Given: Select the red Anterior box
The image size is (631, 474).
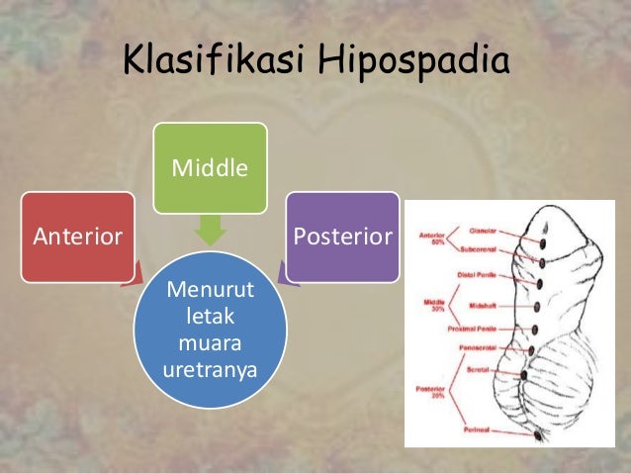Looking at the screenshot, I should (78, 237).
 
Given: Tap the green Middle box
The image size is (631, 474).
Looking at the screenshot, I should (210, 168).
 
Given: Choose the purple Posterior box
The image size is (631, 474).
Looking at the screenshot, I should (342, 237).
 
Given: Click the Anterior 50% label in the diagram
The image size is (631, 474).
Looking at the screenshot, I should (432, 240).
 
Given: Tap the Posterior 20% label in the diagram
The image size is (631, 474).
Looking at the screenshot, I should (433, 392).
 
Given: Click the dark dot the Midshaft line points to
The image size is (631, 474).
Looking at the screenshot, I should (535, 306).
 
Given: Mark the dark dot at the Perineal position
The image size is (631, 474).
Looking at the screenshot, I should (539, 433).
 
